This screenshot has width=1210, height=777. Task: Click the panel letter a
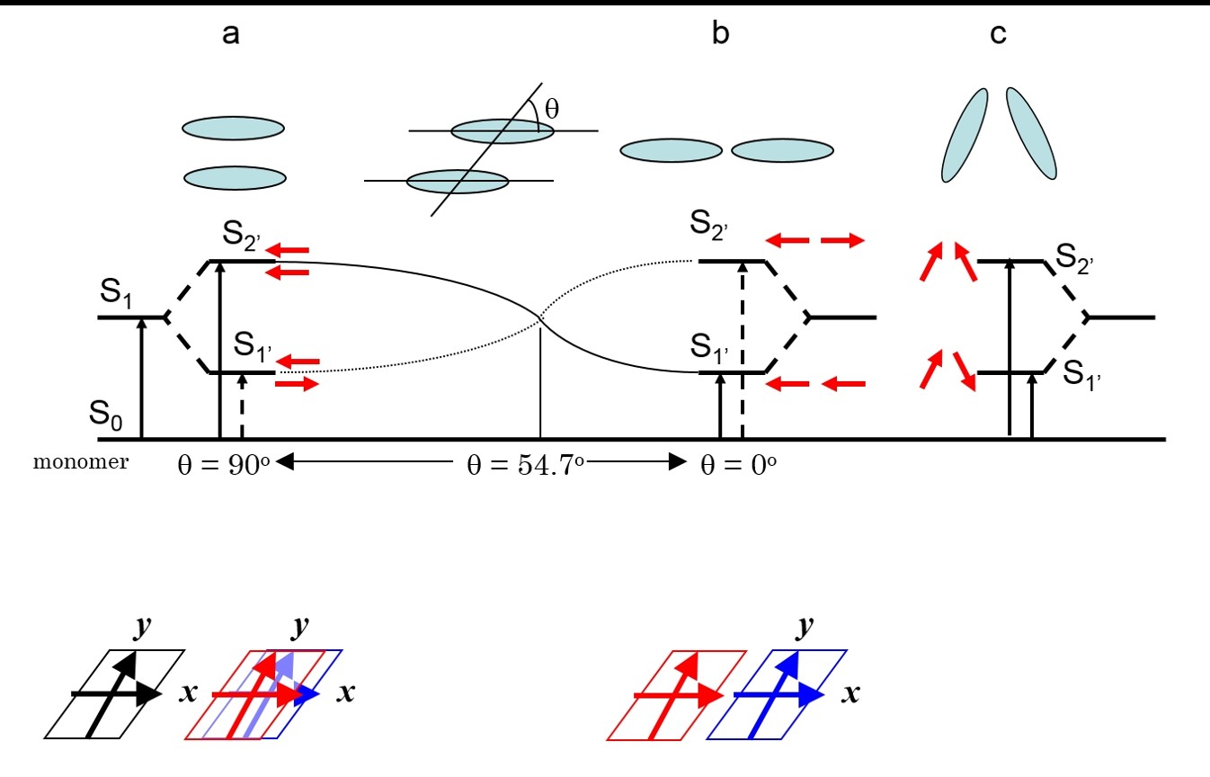232,35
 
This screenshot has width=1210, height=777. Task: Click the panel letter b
720,35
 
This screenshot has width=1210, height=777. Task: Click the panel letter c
998,35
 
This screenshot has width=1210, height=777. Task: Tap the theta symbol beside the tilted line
552,110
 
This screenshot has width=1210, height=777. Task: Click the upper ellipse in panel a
234,129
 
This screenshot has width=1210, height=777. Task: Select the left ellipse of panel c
964,135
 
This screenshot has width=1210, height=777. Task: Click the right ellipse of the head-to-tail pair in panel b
782,150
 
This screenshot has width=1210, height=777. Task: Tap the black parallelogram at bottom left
115,694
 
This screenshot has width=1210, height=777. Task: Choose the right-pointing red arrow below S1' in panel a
297,385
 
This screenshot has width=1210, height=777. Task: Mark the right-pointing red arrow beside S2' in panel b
842,240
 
